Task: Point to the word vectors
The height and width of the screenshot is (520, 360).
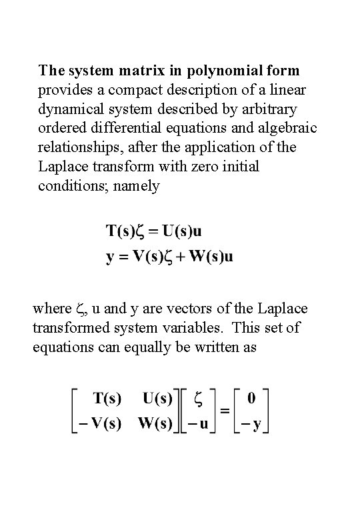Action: (x=197, y=309)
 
